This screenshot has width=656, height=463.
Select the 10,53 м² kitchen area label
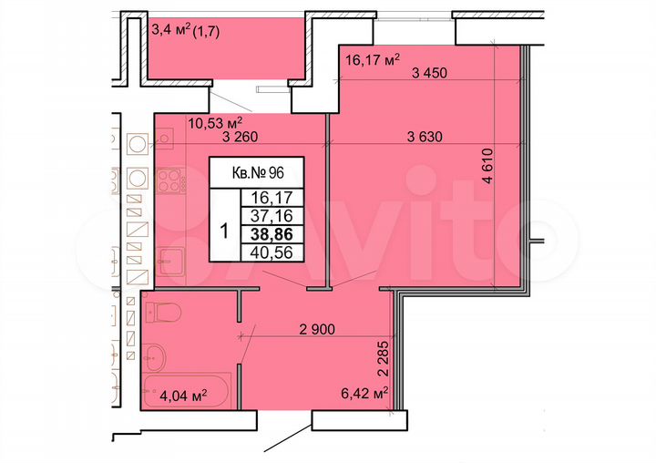point(214,121)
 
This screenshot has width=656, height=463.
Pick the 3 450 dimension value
point(429,75)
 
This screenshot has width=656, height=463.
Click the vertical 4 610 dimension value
point(488,167)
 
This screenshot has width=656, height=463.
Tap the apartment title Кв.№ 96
point(256,170)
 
